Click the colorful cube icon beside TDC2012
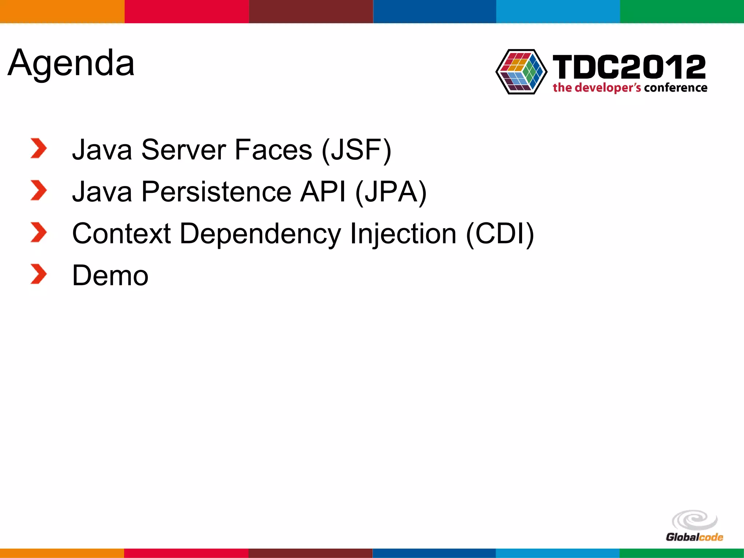point(521,72)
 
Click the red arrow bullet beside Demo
point(39,274)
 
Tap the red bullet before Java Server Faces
point(39,148)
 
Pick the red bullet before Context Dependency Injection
point(39,232)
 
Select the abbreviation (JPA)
point(391,191)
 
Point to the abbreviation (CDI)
point(500,234)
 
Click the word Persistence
point(216,191)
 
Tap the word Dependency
point(260,234)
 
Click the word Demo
point(110,275)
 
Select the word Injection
point(403,234)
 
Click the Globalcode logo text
point(694,537)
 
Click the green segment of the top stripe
point(682,11)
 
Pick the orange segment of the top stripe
point(62,11)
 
